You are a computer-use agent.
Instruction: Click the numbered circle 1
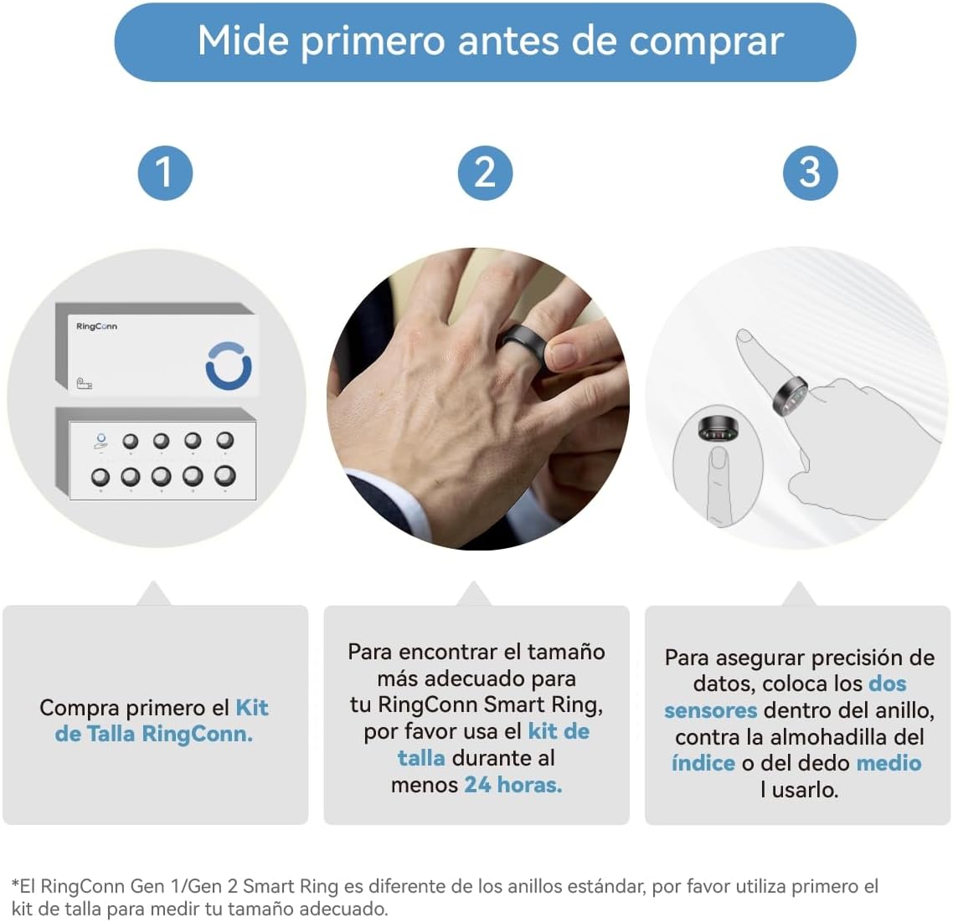[x=165, y=172]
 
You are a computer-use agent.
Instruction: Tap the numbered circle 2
[x=485, y=172]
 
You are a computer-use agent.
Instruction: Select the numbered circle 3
[x=810, y=172]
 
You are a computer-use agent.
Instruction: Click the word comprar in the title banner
[x=706, y=42]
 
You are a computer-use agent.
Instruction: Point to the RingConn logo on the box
[x=96, y=326]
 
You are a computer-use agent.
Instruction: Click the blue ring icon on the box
[x=229, y=366]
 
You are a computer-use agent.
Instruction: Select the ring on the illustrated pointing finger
[x=790, y=396]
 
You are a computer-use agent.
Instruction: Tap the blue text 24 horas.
[x=513, y=785]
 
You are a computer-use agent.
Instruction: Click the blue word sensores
[x=710, y=710]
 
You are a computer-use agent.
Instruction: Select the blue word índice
[x=703, y=763]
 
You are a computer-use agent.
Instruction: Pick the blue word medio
[x=889, y=763]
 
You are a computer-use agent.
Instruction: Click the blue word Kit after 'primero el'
[x=252, y=708]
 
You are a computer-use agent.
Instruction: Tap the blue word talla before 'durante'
[x=421, y=758]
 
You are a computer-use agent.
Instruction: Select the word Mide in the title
[x=243, y=41]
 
